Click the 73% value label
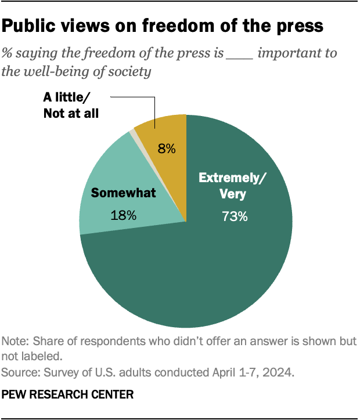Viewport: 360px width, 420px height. pyautogui.click(x=235, y=216)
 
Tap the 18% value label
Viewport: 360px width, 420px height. pyautogui.click(x=123, y=215)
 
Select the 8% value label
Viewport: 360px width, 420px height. pyautogui.click(x=167, y=149)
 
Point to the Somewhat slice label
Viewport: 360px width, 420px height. pyautogui.click(x=123, y=193)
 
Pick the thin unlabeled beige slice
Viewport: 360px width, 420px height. pyautogui.click(x=134, y=133)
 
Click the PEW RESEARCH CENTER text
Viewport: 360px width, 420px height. pyautogui.click(x=68, y=394)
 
